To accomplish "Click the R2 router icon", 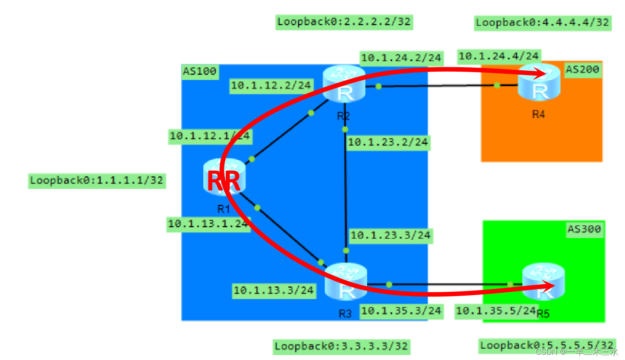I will [x=344, y=85].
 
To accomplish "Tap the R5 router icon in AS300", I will [x=543, y=283].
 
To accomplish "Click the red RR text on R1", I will [x=223, y=182].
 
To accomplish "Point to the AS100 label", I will [x=199, y=71].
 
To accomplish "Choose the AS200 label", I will [x=583, y=69].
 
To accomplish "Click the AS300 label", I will [x=584, y=229].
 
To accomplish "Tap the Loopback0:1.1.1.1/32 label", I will [x=97, y=180].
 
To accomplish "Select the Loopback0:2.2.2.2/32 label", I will [x=344, y=22].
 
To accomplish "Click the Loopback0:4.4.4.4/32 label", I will [x=543, y=22].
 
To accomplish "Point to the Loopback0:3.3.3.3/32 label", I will [x=341, y=346].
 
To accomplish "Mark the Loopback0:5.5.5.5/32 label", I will [x=547, y=345].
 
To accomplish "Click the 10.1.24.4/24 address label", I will [x=499, y=56].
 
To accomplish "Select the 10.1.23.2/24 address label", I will [x=388, y=142].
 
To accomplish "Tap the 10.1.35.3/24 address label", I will [x=401, y=310].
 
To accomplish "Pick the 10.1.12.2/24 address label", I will [x=271, y=85].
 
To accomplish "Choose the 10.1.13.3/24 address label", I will [x=273, y=290].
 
